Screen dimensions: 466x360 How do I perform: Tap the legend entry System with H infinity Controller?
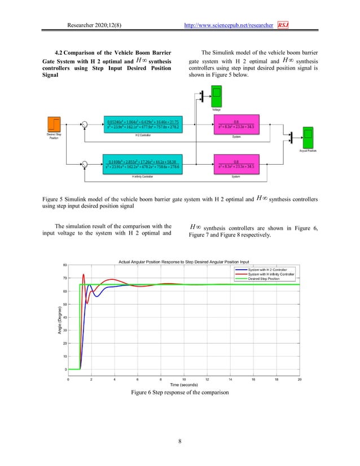pos(267,274)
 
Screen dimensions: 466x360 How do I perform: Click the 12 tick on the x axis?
pos(207,380)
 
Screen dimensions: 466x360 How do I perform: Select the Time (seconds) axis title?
pos(184,385)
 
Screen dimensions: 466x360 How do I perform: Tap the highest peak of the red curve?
pos(84,274)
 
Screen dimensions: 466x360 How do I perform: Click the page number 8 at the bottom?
pos(179,442)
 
